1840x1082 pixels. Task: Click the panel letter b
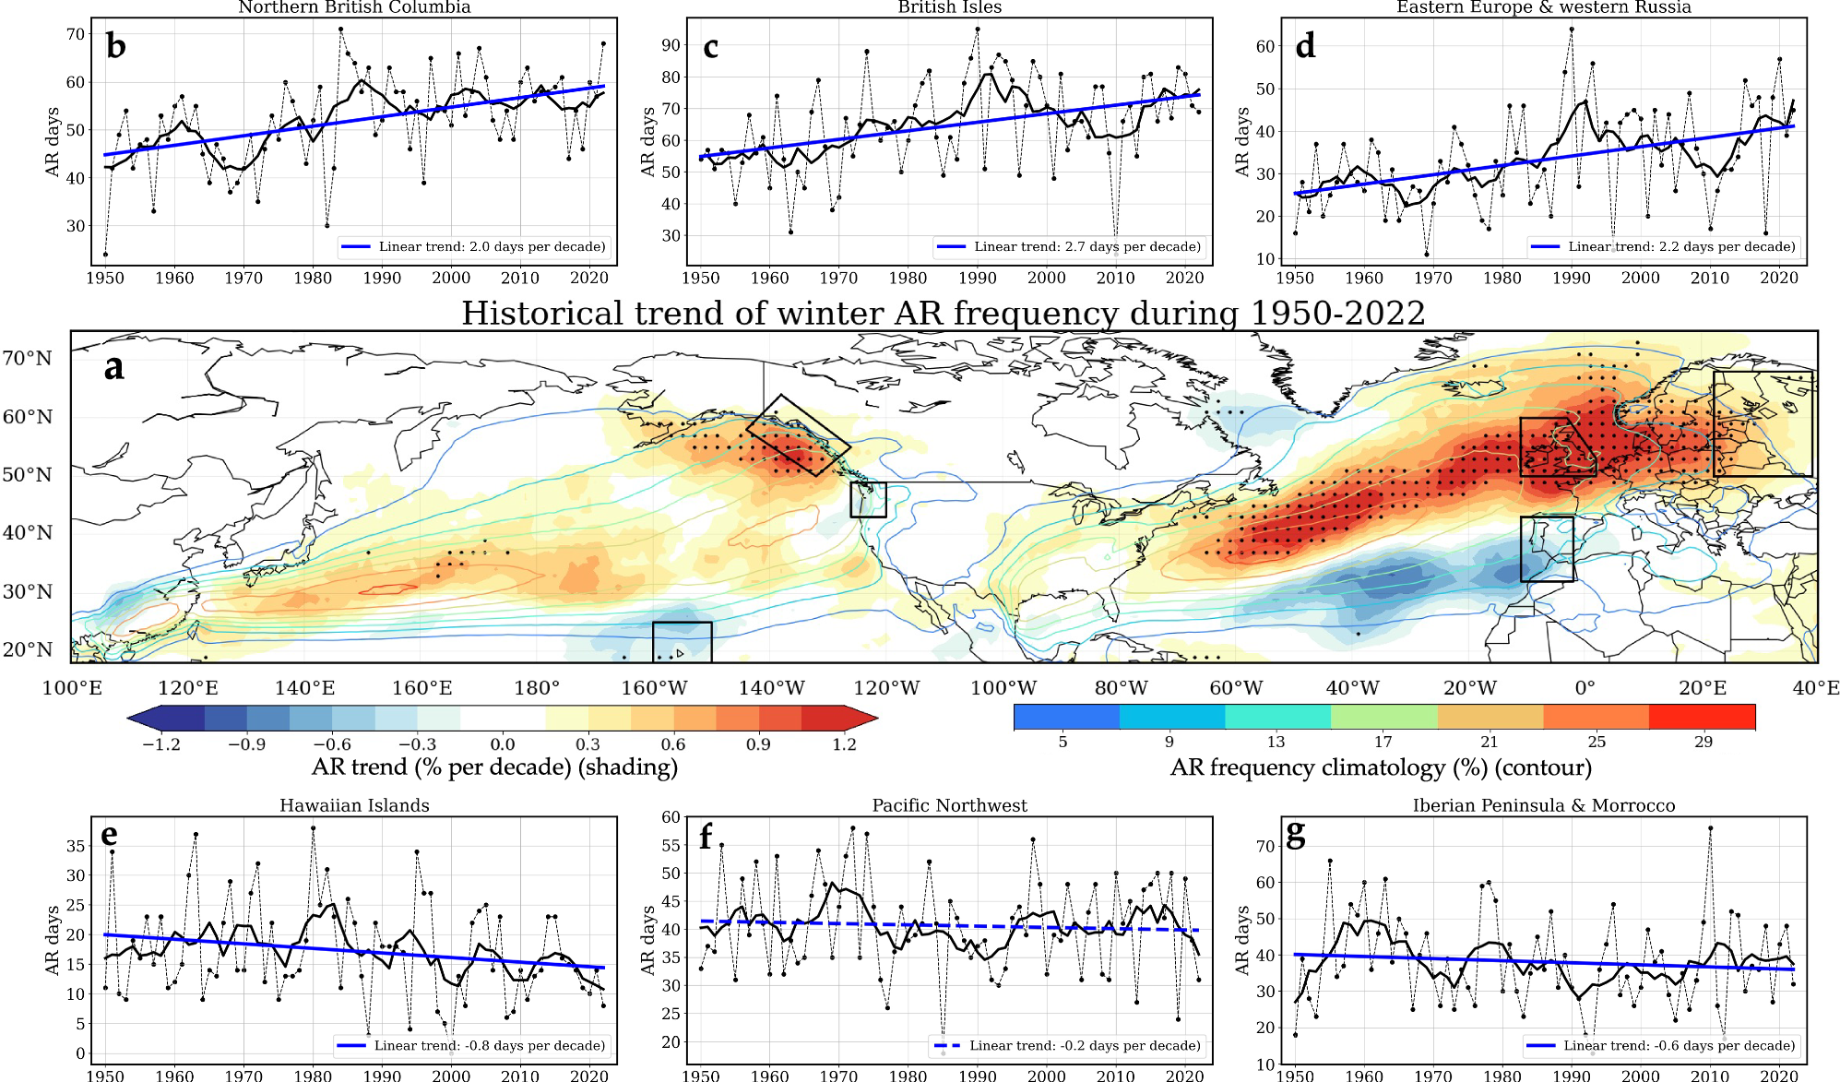(x=115, y=46)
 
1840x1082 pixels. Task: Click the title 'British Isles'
(x=949, y=7)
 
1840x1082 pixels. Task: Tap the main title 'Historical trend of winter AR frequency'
(x=943, y=314)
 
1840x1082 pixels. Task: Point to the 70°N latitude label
(x=28, y=358)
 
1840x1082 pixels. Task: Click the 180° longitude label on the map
(x=537, y=688)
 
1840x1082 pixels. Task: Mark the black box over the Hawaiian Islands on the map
(x=682, y=641)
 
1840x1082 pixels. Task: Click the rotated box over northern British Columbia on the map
(x=798, y=435)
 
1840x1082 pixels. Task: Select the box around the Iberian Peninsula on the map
(x=1547, y=548)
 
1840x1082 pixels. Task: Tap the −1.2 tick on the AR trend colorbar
(x=161, y=744)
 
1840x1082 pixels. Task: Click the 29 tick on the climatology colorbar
(x=1703, y=742)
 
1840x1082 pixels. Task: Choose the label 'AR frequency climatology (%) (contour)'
(x=1381, y=767)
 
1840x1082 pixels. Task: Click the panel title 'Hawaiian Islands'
(x=354, y=805)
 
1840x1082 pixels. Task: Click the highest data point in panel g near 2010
(x=1709, y=828)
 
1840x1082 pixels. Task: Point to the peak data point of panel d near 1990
(x=1571, y=30)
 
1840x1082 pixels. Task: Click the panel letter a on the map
(x=113, y=367)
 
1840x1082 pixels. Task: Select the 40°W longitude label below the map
(x=1352, y=688)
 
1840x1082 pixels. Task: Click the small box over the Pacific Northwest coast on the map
(x=867, y=499)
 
